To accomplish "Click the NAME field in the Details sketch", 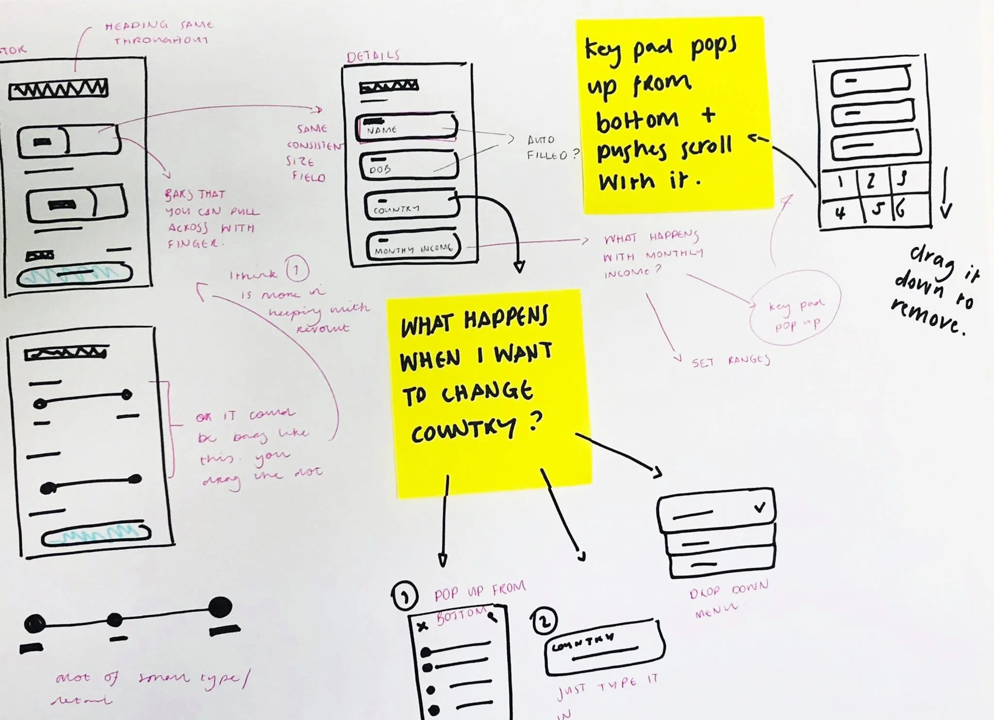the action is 407,127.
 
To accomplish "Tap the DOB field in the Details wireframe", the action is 409,166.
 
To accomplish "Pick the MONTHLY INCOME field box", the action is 414,246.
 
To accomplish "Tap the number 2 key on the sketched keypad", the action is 872,181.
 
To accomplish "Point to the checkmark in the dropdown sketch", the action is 760,507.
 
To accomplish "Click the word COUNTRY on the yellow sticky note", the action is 464,429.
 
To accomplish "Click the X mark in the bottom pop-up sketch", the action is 422,626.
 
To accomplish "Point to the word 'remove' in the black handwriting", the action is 927,317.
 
